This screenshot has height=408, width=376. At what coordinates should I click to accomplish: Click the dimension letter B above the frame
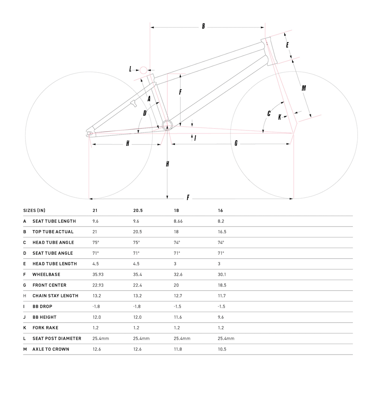tap(203, 26)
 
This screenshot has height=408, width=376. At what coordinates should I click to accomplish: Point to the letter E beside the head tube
tap(287, 45)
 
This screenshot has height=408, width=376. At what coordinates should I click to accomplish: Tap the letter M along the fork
tap(304, 88)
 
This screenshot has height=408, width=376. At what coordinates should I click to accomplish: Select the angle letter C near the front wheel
tap(269, 113)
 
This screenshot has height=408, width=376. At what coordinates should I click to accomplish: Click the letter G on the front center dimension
tap(236, 143)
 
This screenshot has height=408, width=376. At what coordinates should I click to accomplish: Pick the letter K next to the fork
tap(279, 117)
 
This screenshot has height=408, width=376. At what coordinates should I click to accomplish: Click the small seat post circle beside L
tap(143, 70)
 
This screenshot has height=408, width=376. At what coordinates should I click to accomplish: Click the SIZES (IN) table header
tap(34, 211)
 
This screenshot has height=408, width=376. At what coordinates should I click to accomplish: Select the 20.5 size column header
tap(138, 211)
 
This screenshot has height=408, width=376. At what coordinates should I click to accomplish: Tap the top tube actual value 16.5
tap(222, 232)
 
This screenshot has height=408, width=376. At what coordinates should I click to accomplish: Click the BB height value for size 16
tap(221, 317)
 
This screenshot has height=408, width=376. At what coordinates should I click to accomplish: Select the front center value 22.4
tap(138, 285)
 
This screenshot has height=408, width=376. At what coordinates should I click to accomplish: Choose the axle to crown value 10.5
tap(222, 349)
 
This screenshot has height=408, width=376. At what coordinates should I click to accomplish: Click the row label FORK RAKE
tap(45, 328)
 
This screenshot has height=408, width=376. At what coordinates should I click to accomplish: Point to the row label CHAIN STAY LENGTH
tap(55, 296)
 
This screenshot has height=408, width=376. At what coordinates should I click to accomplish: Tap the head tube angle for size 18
tap(177, 243)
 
